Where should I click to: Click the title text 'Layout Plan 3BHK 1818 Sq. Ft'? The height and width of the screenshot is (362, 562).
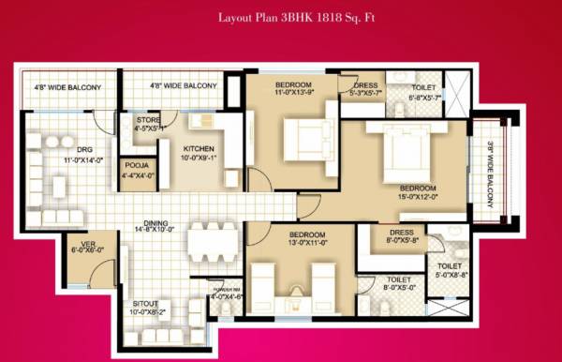[281, 18]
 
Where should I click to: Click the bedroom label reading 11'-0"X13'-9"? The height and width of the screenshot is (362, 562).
[279, 86]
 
